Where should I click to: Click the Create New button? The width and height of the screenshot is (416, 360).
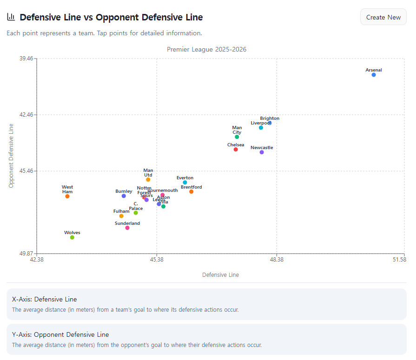[x=383, y=17]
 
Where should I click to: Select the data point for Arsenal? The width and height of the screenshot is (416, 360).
[x=374, y=75]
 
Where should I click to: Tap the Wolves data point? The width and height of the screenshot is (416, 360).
[x=72, y=237]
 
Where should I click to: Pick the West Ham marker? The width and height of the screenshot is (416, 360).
[x=67, y=196]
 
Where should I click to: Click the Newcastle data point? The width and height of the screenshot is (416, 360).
[x=262, y=152]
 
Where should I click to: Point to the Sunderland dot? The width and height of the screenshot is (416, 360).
[x=127, y=228]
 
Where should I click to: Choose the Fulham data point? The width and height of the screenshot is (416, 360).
[x=121, y=216]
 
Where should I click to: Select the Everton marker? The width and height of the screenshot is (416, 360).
[x=185, y=183]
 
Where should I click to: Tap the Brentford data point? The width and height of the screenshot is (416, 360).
[x=191, y=192]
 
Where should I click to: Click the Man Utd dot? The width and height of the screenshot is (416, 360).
[x=148, y=180]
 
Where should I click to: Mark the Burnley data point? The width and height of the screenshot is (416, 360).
[x=124, y=196]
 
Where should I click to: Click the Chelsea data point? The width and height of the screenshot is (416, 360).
[x=236, y=150]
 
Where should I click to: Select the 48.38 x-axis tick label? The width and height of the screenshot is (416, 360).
[x=276, y=260]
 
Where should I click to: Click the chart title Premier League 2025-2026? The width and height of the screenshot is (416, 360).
[x=206, y=49]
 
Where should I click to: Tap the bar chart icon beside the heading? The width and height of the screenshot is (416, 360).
[x=11, y=17]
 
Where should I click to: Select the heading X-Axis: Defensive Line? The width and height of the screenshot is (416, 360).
[x=45, y=299]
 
